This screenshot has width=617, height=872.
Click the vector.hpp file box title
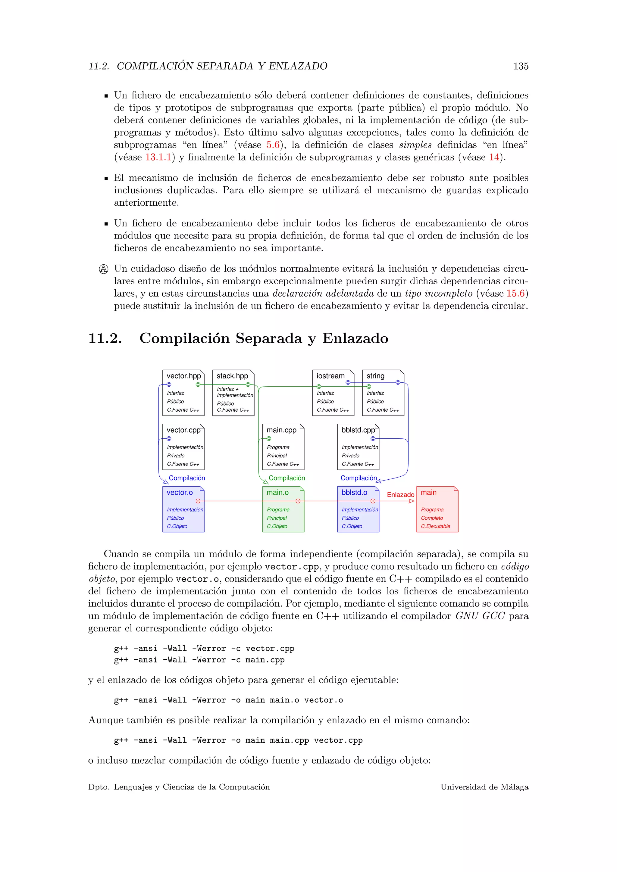coord(183,376)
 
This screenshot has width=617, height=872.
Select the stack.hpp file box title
coord(232,376)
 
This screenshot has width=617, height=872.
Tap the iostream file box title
coord(330,376)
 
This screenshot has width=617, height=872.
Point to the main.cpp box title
coord(281,430)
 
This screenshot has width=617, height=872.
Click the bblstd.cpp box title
coord(358,430)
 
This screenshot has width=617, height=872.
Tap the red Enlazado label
coord(400,494)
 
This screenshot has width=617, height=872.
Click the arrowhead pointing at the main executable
coord(412,501)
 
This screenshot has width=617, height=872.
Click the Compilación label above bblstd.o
coord(358,478)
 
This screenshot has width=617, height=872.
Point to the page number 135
coord(521,66)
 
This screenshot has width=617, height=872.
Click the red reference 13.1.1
coord(158,157)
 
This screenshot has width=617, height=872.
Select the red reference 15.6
coord(515,294)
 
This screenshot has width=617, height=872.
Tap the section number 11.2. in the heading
coord(105,338)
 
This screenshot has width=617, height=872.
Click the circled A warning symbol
coord(103,269)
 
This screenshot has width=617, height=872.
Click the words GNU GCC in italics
coord(480,616)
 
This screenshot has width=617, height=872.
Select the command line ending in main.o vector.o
coord(228,700)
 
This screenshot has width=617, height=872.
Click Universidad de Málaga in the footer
coord(484,787)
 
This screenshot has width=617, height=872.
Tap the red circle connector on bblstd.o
coord(373,501)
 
